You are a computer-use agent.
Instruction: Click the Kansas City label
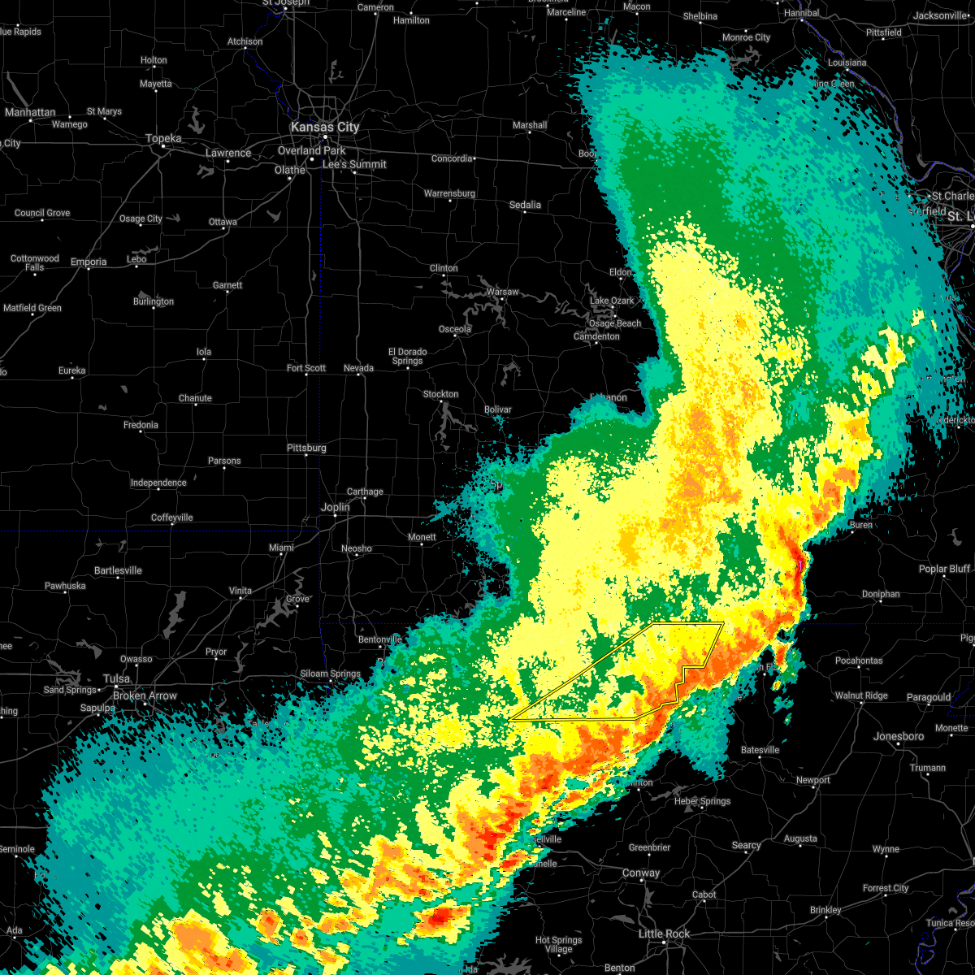(325, 127)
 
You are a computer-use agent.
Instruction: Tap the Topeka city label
(163, 138)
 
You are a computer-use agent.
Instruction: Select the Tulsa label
(116, 678)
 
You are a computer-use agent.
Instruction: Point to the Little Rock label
(664, 934)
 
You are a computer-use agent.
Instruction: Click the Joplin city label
(335, 507)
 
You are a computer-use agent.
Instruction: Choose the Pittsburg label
(306, 448)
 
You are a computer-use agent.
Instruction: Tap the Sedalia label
(525, 205)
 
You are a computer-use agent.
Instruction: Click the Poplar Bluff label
(945, 569)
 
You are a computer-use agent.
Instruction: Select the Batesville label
(760, 750)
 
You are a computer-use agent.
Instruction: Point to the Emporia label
(89, 262)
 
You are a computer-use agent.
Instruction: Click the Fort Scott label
(306, 368)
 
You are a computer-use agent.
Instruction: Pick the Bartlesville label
(118, 570)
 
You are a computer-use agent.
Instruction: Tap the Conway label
(641, 873)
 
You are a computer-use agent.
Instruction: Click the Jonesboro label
(899, 736)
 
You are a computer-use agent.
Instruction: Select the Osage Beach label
(615, 323)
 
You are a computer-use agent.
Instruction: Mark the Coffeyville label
(172, 518)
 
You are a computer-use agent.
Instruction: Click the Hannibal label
(802, 14)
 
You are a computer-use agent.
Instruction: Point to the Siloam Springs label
(331, 674)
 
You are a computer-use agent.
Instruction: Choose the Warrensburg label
(449, 193)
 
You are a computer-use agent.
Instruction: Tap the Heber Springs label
(703, 801)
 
